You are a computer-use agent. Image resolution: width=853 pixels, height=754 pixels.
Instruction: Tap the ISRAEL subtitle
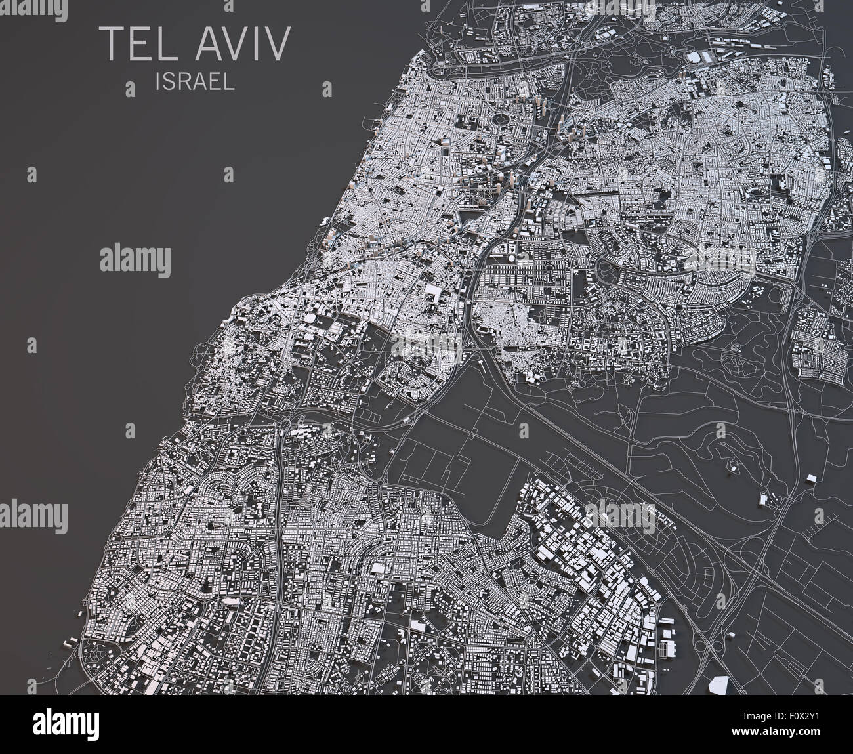point(196,81)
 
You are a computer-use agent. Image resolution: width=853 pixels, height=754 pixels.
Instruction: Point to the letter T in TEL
point(110,43)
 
